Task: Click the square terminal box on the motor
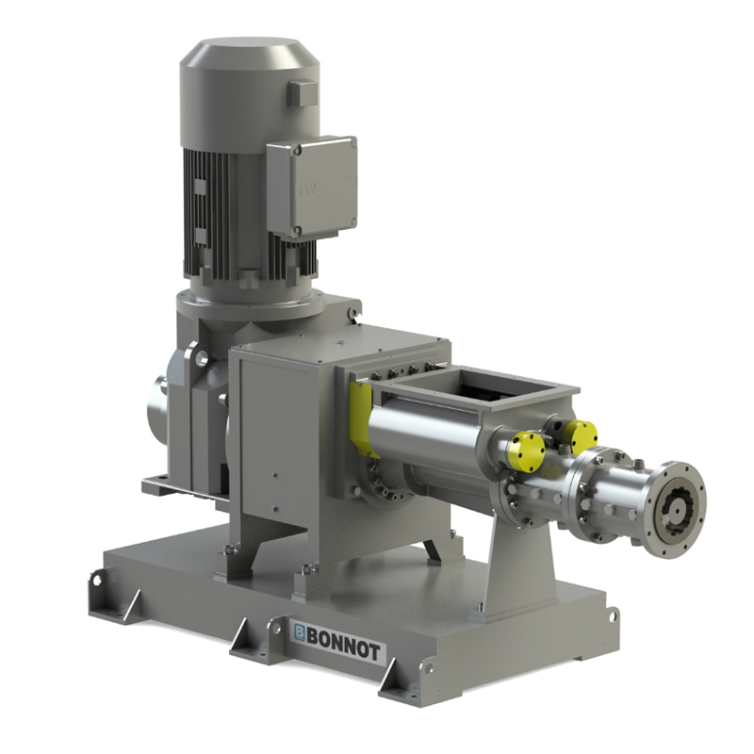tap(311, 186)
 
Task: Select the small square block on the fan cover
tap(303, 93)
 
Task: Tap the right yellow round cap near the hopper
tap(579, 435)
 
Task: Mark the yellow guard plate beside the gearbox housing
tap(360, 415)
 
